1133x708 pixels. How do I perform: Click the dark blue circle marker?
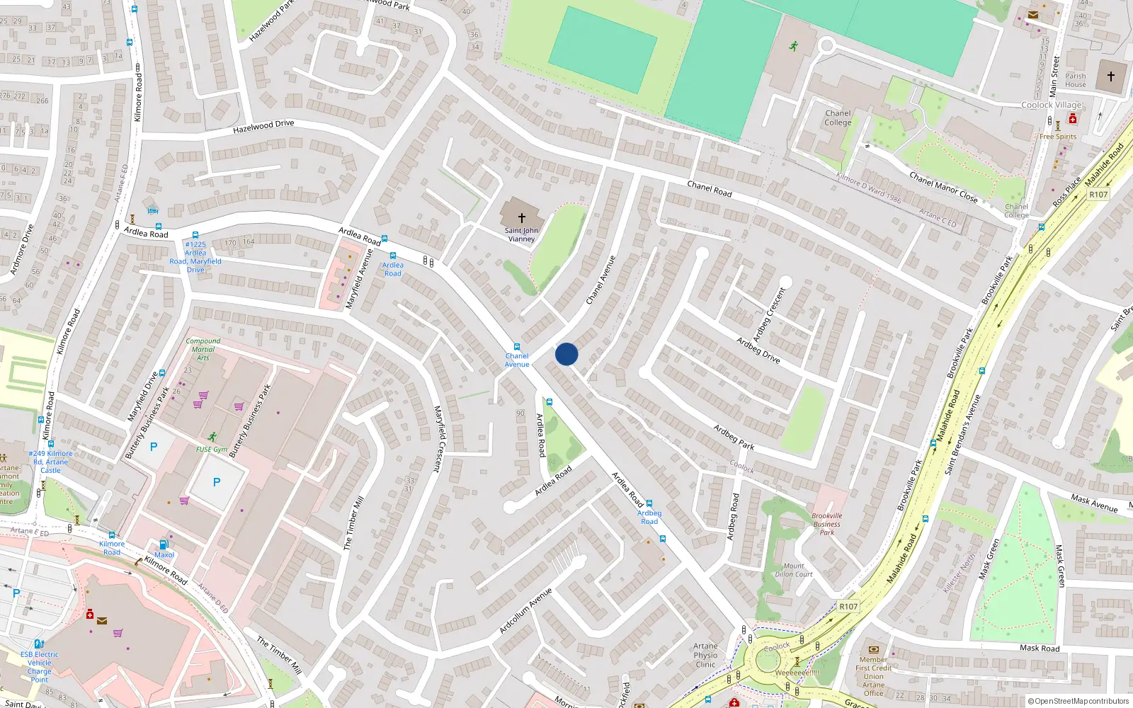pyautogui.click(x=566, y=354)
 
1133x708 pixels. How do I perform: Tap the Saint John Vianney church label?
pyautogui.click(x=521, y=234)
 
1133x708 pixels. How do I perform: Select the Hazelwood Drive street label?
pyautogui.click(x=263, y=126)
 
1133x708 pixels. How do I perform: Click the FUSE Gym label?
pyautogui.click(x=212, y=450)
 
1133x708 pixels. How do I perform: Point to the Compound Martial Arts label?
pyautogui.click(x=203, y=349)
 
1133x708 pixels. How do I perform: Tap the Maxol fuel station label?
pyautogui.click(x=164, y=554)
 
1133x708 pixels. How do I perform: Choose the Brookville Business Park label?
pyautogui.click(x=826, y=524)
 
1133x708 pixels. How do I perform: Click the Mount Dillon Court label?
pyautogui.click(x=793, y=570)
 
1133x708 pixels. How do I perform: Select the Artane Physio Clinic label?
pyautogui.click(x=705, y=655)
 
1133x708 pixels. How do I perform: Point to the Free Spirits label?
pyautogui.click(x=1057, y=137)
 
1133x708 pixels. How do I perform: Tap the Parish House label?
pyautogui.click(x=1075, y=80)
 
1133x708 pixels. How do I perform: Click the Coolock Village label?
pyautogui.click(x=1051, y=105)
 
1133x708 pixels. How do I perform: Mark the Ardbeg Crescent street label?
pyautogui.click(x=769, y=314)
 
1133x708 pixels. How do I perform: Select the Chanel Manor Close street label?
pyautogui.click(x=943, y=188)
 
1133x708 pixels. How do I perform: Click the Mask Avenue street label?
pyautogui.click(x=1093, y=503)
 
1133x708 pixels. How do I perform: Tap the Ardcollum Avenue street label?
pyautogui.click(x=525, y=610)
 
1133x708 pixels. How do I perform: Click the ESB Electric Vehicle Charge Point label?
pyautogui.click(x=40, y=667)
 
